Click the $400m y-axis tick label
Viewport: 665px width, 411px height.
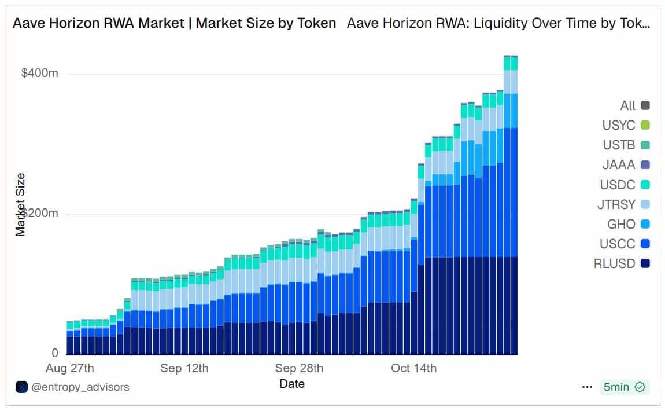40,74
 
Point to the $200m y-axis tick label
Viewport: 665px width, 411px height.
40,214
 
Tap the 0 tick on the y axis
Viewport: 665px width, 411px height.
55,353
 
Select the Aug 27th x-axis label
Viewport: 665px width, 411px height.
69,368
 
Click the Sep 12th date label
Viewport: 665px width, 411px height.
184,368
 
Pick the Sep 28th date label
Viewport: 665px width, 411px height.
299,368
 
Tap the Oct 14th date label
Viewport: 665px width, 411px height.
413,368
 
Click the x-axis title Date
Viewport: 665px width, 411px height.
292,384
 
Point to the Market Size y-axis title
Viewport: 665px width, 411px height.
21,204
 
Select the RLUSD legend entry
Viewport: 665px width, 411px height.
621,263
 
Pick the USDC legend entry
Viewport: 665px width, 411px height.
625,185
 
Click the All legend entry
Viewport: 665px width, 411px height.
634,105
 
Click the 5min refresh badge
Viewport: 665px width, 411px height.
624,387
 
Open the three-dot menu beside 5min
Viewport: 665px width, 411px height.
587,387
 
